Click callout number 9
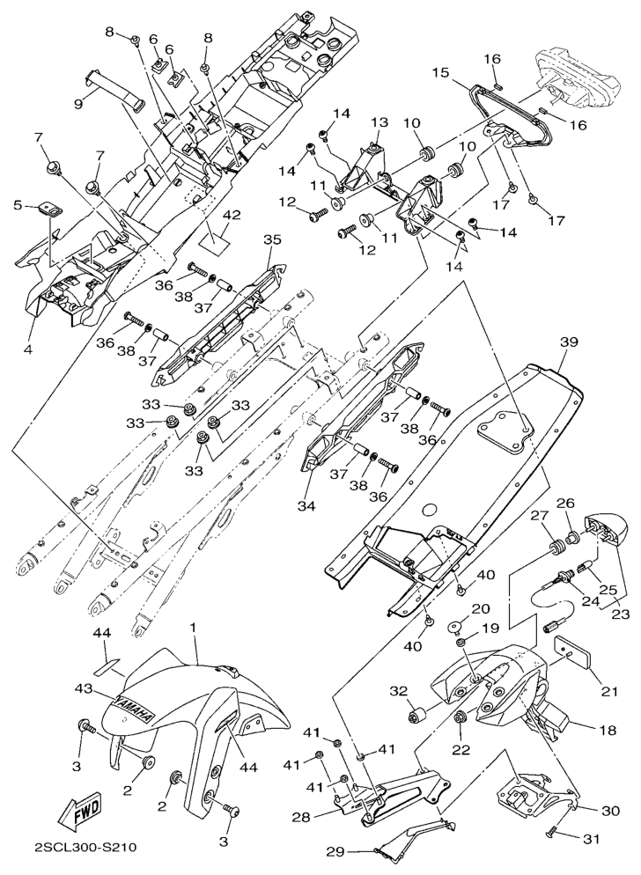coord(78,103)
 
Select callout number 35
coord(271,239)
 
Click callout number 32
coord(398,691)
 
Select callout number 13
coord(379,121)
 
